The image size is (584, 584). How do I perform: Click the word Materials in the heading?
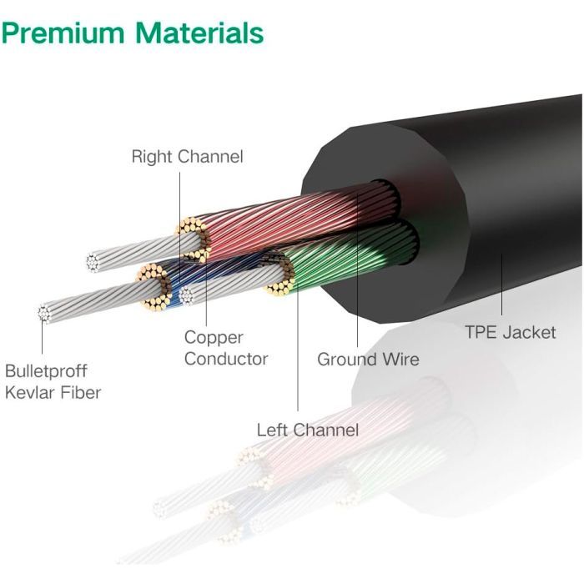click(201, 33)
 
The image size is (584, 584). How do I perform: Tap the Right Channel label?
click(187, 157)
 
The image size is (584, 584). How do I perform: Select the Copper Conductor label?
click(226, 348)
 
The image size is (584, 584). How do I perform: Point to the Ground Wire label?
click(368, 360)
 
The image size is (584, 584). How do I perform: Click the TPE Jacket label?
click(510, 332)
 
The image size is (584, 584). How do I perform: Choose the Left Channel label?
click(308, 430)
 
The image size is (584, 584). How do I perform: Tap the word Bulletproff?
click(47, 370)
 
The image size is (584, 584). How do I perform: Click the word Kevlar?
click(31, 392)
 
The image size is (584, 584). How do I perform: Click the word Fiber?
click(82, 392)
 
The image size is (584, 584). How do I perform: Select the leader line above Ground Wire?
click(357, 275)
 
